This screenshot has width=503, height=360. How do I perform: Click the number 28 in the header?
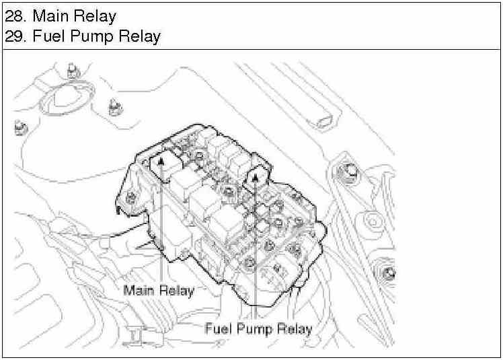pyautogui.click(x=13, y=15)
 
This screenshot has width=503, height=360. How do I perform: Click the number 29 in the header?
pyautogui.click(x=13, y=36)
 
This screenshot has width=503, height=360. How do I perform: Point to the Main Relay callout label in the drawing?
pyautogui.click(x=159, y=291)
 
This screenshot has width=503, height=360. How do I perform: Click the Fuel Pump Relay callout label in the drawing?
pyautogui.click(x=258, y=329)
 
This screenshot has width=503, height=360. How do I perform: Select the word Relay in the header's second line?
pyautogui.click(x=139, y=36)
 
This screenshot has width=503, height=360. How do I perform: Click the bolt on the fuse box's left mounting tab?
pyautogui.click(x=131, y=197)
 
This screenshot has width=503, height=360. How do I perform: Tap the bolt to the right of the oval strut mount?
pyautogui.click(x=114, y=106)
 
